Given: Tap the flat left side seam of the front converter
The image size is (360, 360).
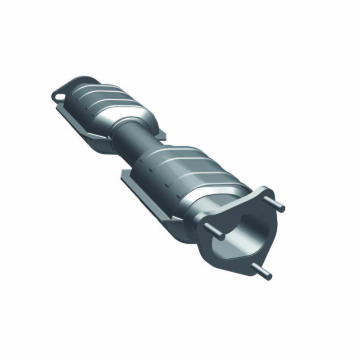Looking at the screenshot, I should point(144,189).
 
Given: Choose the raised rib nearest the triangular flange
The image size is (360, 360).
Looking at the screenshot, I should point(216,180).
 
